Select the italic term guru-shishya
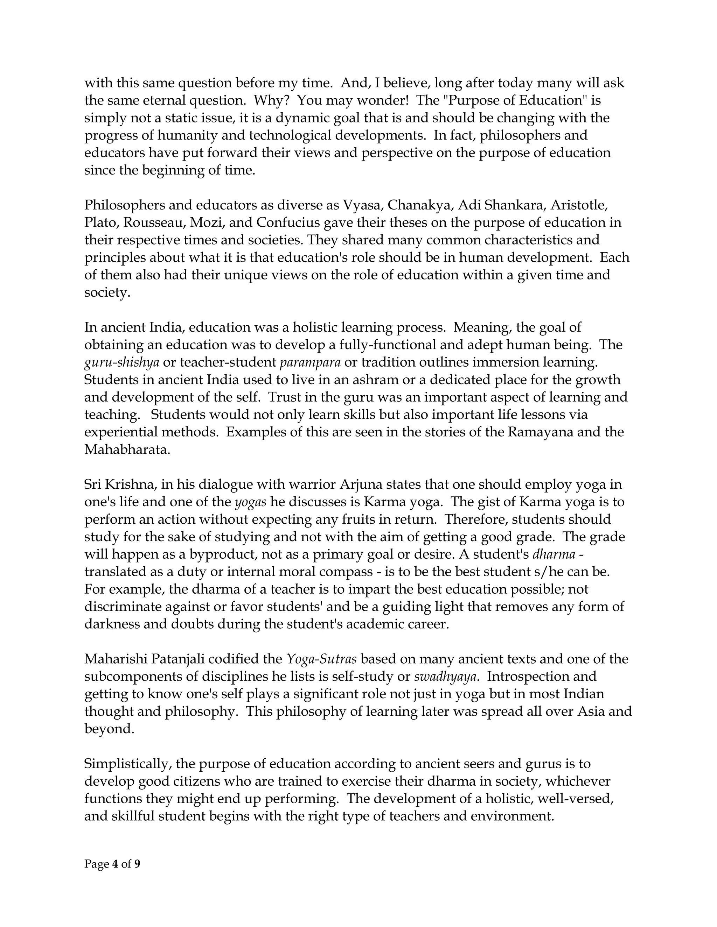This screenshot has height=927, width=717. (122, 362)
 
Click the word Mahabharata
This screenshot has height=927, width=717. (127, 450)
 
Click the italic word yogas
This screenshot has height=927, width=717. (251, 502)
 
